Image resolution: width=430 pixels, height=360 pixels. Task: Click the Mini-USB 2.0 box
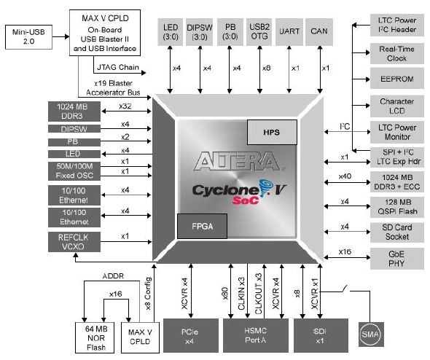click(x=29, y=37)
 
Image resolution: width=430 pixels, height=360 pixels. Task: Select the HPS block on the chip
click(x=272, y=132)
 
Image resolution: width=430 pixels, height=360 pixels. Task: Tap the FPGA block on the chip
click(x=203, y=226)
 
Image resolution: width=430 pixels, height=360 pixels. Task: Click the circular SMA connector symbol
click(x=370, y=334)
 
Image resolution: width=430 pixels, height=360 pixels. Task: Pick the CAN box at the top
click(x=319, y=32)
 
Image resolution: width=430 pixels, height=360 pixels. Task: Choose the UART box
click(x=289, y=32)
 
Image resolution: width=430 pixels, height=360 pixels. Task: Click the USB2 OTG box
click(x=259, y=32)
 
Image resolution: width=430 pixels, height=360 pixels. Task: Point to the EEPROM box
click(x=396, y=79)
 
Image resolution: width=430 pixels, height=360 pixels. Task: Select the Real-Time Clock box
click(x=396, y=54)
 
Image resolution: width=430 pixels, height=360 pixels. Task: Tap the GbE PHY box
click(x=396, y=259)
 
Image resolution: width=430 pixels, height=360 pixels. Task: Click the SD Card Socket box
click(x=396, y=232)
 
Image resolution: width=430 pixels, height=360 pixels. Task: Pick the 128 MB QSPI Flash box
click(x=396, y=207)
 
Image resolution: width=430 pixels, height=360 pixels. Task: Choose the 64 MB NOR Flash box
click(x=95, y=338)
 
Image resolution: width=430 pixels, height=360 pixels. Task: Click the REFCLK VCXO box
click(x=74, y=242)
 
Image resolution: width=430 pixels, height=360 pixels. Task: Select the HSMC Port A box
click(x=256, y=335)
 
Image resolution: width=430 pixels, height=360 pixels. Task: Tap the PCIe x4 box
click(x=191, y=335)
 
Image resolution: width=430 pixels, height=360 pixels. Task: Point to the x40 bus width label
click(x=345, y=176)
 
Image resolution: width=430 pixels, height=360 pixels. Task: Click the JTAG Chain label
click(x=118, y=67)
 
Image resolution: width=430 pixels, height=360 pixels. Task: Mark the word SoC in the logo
click(x=246, y=200)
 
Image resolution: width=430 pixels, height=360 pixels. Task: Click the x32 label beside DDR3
click(x=125, y=106)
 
